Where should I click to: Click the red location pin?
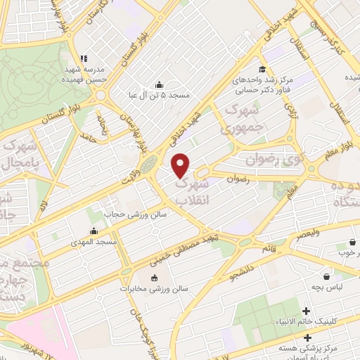(181, 165)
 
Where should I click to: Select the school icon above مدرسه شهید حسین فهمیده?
(83, 59)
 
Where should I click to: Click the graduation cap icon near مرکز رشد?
(262, 69)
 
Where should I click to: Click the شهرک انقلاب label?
(191, 189)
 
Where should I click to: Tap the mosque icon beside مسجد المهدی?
(94, 231)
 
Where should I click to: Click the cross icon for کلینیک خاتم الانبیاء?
(307, 311)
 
